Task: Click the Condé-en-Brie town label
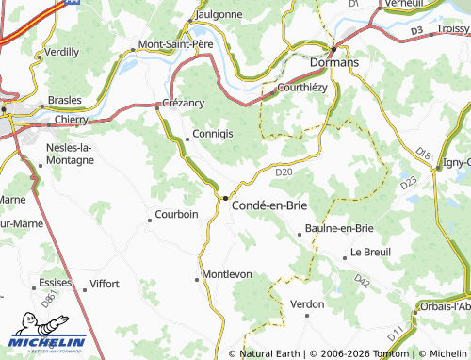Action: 269,204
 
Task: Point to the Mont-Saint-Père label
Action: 176,44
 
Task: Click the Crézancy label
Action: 184,103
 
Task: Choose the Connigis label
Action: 212,134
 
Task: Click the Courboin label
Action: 176,214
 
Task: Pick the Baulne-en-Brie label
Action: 339,229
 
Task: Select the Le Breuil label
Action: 370,253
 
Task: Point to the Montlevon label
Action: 227,274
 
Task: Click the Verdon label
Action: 307,303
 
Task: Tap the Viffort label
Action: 104,283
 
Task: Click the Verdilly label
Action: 61,52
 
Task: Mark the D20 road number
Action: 284,172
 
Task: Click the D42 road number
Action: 363,280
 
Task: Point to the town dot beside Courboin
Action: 149,221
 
